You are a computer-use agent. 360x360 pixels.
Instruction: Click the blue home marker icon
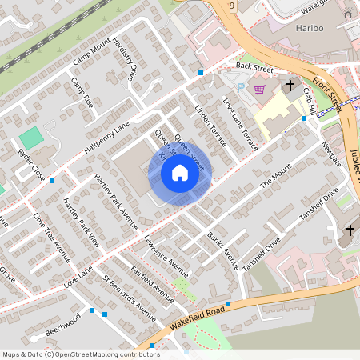coord(180,172)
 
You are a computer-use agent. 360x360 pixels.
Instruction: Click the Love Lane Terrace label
coord(239,117)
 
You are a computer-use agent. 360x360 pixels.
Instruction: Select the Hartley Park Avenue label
coord(115,195)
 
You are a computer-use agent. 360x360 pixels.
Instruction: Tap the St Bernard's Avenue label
coord(129,295)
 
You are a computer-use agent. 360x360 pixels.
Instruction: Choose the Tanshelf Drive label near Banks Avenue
coord(261,253)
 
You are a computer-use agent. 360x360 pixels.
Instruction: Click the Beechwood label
coord(63,324)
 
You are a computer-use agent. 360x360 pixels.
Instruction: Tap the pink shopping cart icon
coord(259,90)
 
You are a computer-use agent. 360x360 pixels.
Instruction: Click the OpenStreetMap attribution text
coord(80,354)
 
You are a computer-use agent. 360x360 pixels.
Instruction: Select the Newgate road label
coord(330,155)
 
